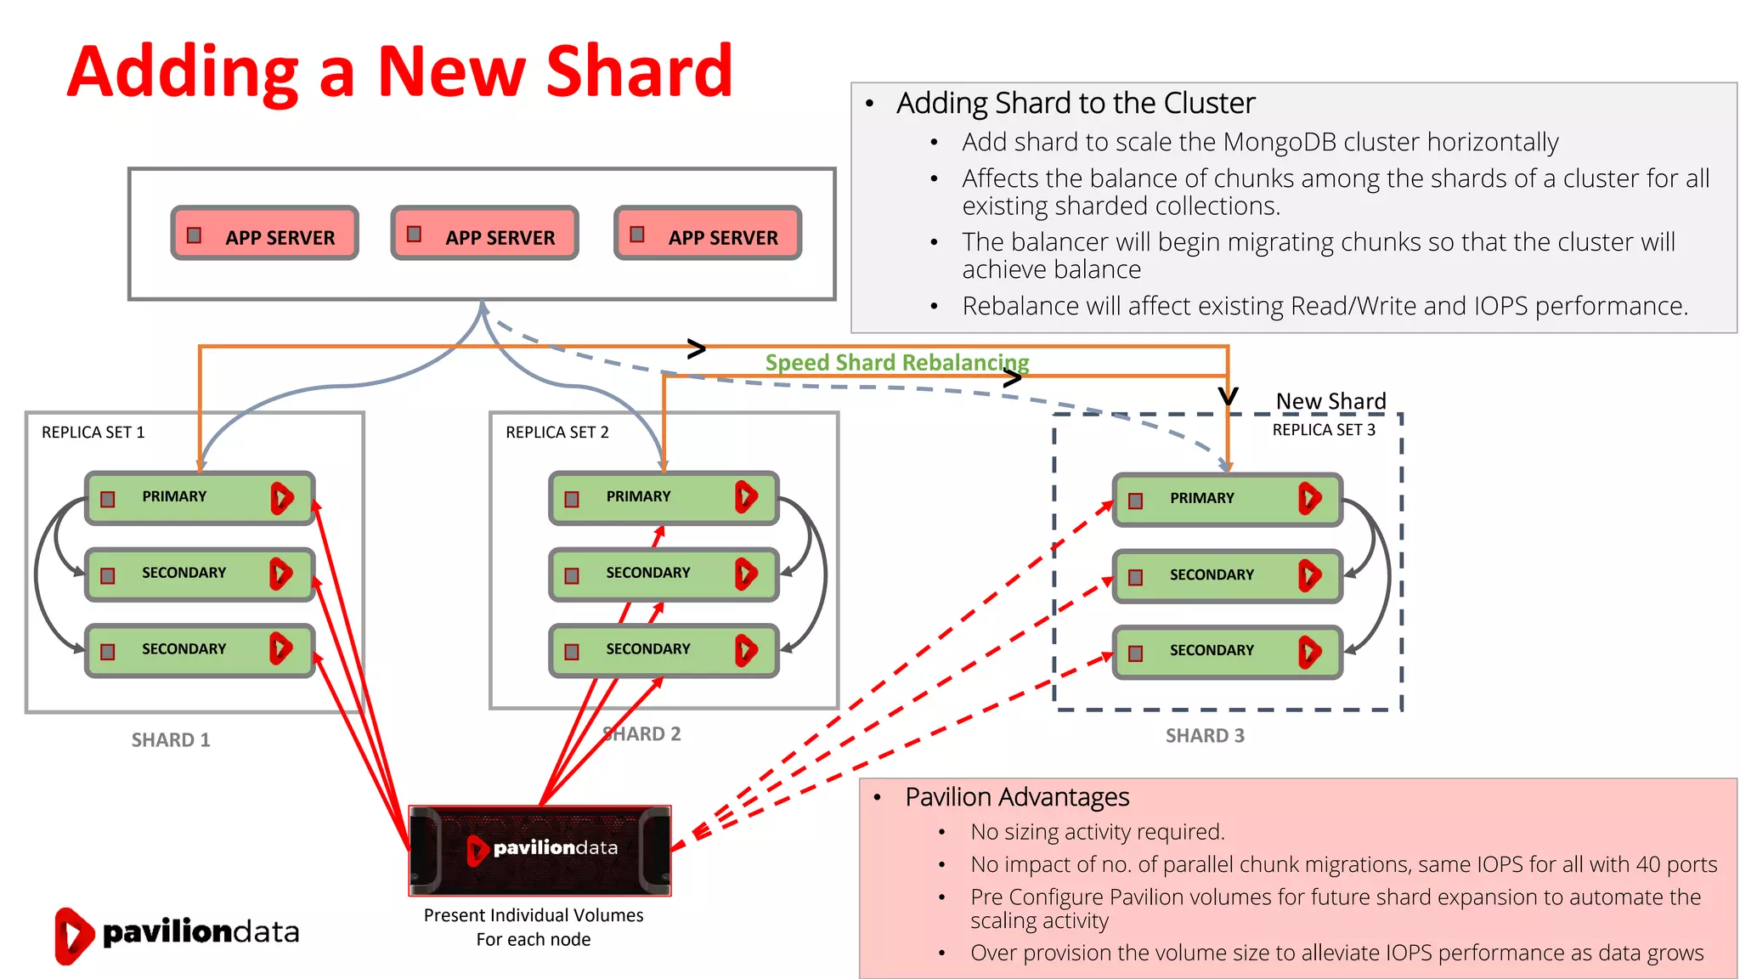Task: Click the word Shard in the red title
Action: tap(638, 71)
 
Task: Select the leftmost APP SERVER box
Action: tap(264, 233)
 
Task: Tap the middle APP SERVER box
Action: tap(484, 233)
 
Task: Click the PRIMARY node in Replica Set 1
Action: tap(199, 497)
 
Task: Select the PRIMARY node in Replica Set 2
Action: tap(663, 497)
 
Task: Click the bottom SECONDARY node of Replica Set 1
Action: tap(199, 650)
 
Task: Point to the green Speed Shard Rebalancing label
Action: tap(896, 363)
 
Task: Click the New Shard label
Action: tap(1330, 401)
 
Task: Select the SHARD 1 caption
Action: tap(171, 740)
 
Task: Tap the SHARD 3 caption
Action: tap(1204, 736)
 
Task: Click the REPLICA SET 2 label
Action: tap(556, 433)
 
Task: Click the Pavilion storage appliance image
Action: tap(540, 850)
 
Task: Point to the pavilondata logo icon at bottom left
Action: tap(73, 935)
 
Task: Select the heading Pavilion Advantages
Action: tap(1016, 797)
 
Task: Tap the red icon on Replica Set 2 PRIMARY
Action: tap(745, 497)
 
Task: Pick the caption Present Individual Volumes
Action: tap(534, 915)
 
